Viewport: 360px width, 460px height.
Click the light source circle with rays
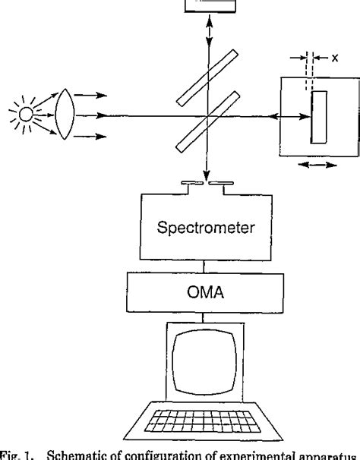(25, 116)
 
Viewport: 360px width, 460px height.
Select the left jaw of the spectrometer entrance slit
(193, 183)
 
